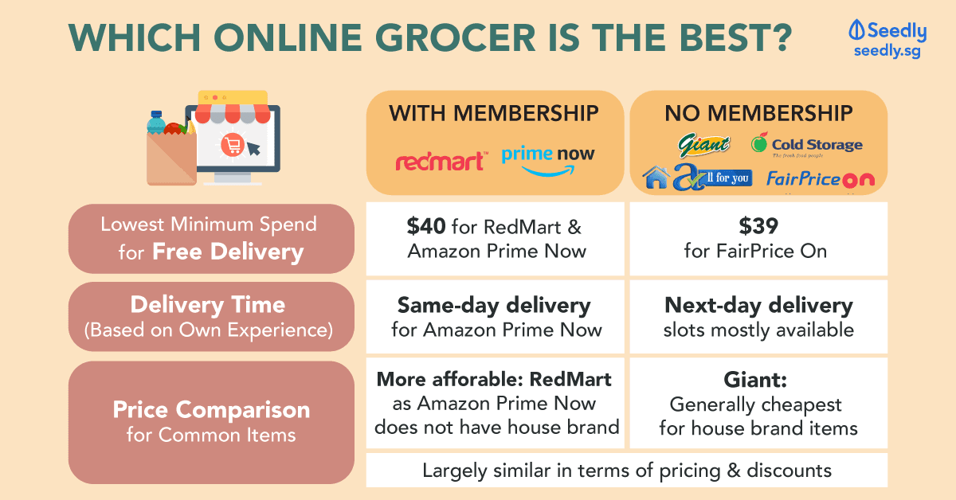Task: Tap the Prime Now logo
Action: [548, 160]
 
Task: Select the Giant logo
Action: [703, 145]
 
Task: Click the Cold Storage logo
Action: [806, 145]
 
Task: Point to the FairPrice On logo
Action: [821, 179]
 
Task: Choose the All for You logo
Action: [697, 177]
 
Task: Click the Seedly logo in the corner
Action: [887, 39]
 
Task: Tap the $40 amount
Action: [426, 226]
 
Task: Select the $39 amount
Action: [758, 226]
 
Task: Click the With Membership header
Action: [494, 114]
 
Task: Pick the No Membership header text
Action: [758, 114]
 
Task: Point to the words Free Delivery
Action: [228, 252]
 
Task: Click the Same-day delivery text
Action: [494, 306]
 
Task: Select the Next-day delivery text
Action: [758, 306]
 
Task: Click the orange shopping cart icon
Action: [233, 145]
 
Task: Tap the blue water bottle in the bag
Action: [156, 122]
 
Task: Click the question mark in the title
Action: [778, 37]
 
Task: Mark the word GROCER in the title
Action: [455, 37]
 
